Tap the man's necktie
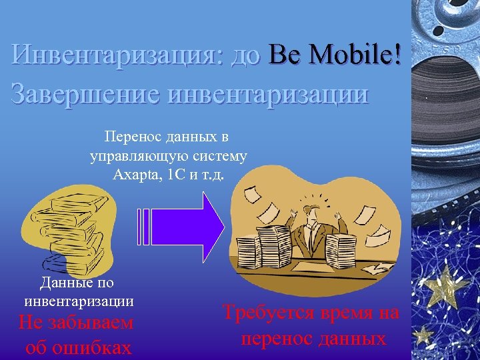[313, 237]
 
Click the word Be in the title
[285, 56]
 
